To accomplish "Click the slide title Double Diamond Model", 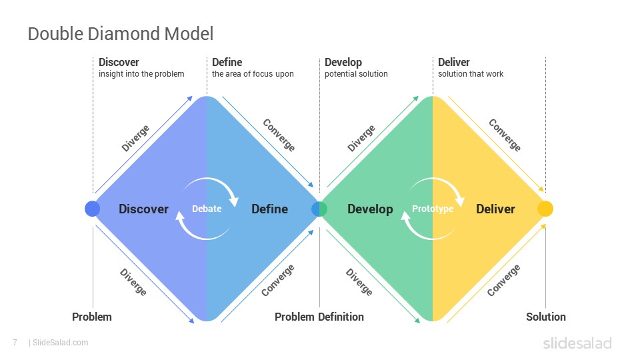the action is coord(121,34).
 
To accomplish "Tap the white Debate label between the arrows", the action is coord(207,209).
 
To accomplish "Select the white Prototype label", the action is coord(433,209).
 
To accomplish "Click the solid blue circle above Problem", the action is coord(92,209).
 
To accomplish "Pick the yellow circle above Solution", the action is coord(545,209).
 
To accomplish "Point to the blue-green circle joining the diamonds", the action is coord(319,209).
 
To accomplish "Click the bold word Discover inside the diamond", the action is coord(143,209).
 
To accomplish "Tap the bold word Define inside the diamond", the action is coord(269,209).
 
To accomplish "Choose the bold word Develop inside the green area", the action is coord(370,209).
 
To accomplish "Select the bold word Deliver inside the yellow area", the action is coord(495,209).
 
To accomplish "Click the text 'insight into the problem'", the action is coord(141,74).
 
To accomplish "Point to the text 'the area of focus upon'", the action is coord(253,74).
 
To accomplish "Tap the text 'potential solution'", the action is coord(356,74).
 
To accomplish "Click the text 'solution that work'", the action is coord(471,74).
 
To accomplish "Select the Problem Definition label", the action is coord(319,317).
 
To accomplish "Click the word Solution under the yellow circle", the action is coord(546,317).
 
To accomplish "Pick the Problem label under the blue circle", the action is coord(92,317).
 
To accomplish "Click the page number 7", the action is coord(15,343).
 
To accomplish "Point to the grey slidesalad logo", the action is coord(577,343).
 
